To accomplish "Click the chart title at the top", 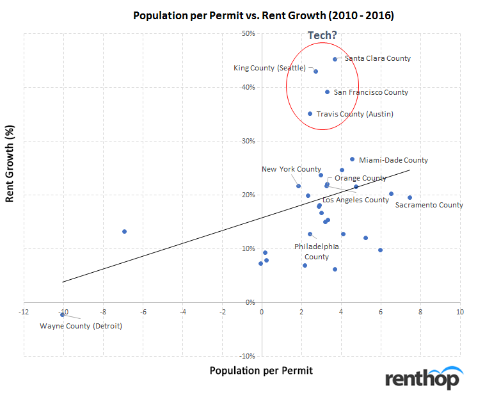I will pos(263,15).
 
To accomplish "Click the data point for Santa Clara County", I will pos(335,59).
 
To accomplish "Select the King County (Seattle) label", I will pos(269,68).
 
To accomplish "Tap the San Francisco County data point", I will pos(327,92).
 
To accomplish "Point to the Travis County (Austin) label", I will pos(355,114).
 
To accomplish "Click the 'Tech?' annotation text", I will pos(322,35).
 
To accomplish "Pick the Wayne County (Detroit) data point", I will pos(63,314).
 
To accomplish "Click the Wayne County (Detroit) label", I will pos(81,326).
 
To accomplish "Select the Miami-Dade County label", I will pos(393,160).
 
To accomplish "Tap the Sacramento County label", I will pos(429,205).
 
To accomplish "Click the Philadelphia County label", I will pos(316,251).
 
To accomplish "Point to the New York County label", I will pos(291,169).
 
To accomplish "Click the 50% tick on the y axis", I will pos(248,33).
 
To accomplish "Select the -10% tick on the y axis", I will pos(247,356).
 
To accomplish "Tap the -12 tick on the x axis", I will pos(24,311).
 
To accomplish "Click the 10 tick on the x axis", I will pos(459,311).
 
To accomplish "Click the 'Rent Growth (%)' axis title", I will pos(10,172).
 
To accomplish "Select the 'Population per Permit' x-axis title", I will pos(260,370).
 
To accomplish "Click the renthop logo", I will pos(422,379).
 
